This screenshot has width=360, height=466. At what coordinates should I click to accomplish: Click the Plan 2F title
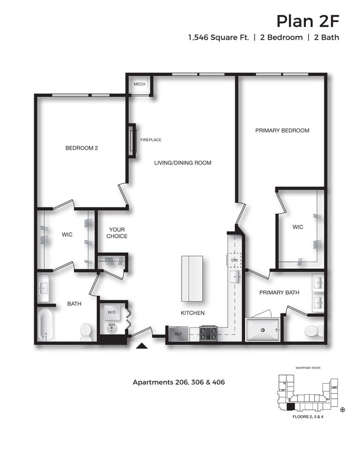pyautogui.click(x=307, y=21)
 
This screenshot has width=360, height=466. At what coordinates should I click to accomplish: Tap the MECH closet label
pyautogui.click(x=139, y=84)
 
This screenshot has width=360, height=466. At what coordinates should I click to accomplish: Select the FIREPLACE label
pyautogui.click(x=150, y=140)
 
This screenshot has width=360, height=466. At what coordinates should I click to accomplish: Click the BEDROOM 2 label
pyautogui.click(x=82, y=147)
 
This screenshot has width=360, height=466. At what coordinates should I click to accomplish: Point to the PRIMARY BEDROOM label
pyautogui.click(x=282, y=131)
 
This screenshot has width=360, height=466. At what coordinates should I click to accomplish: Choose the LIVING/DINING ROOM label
pyautogui.click(x=182, y=163)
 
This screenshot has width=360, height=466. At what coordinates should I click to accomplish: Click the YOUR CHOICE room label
pyautogui.click(x=117, y=233)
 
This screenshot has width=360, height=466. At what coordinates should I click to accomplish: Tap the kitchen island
pyautogui.click(x=193, y=278)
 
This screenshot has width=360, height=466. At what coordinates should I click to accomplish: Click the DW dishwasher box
pyautogui.click(x=234, y=260)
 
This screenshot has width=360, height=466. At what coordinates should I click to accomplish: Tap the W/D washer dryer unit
pyautogui.click(x=112, y=312)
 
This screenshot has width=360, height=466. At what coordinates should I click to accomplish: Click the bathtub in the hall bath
pyautogui.click(x=45, y=325)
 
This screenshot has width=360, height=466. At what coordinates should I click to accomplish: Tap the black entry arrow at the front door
pyautogui.click(x=142, y=346)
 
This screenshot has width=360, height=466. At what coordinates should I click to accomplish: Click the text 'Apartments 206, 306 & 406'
pyautogui.click(x=178, y=382)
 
